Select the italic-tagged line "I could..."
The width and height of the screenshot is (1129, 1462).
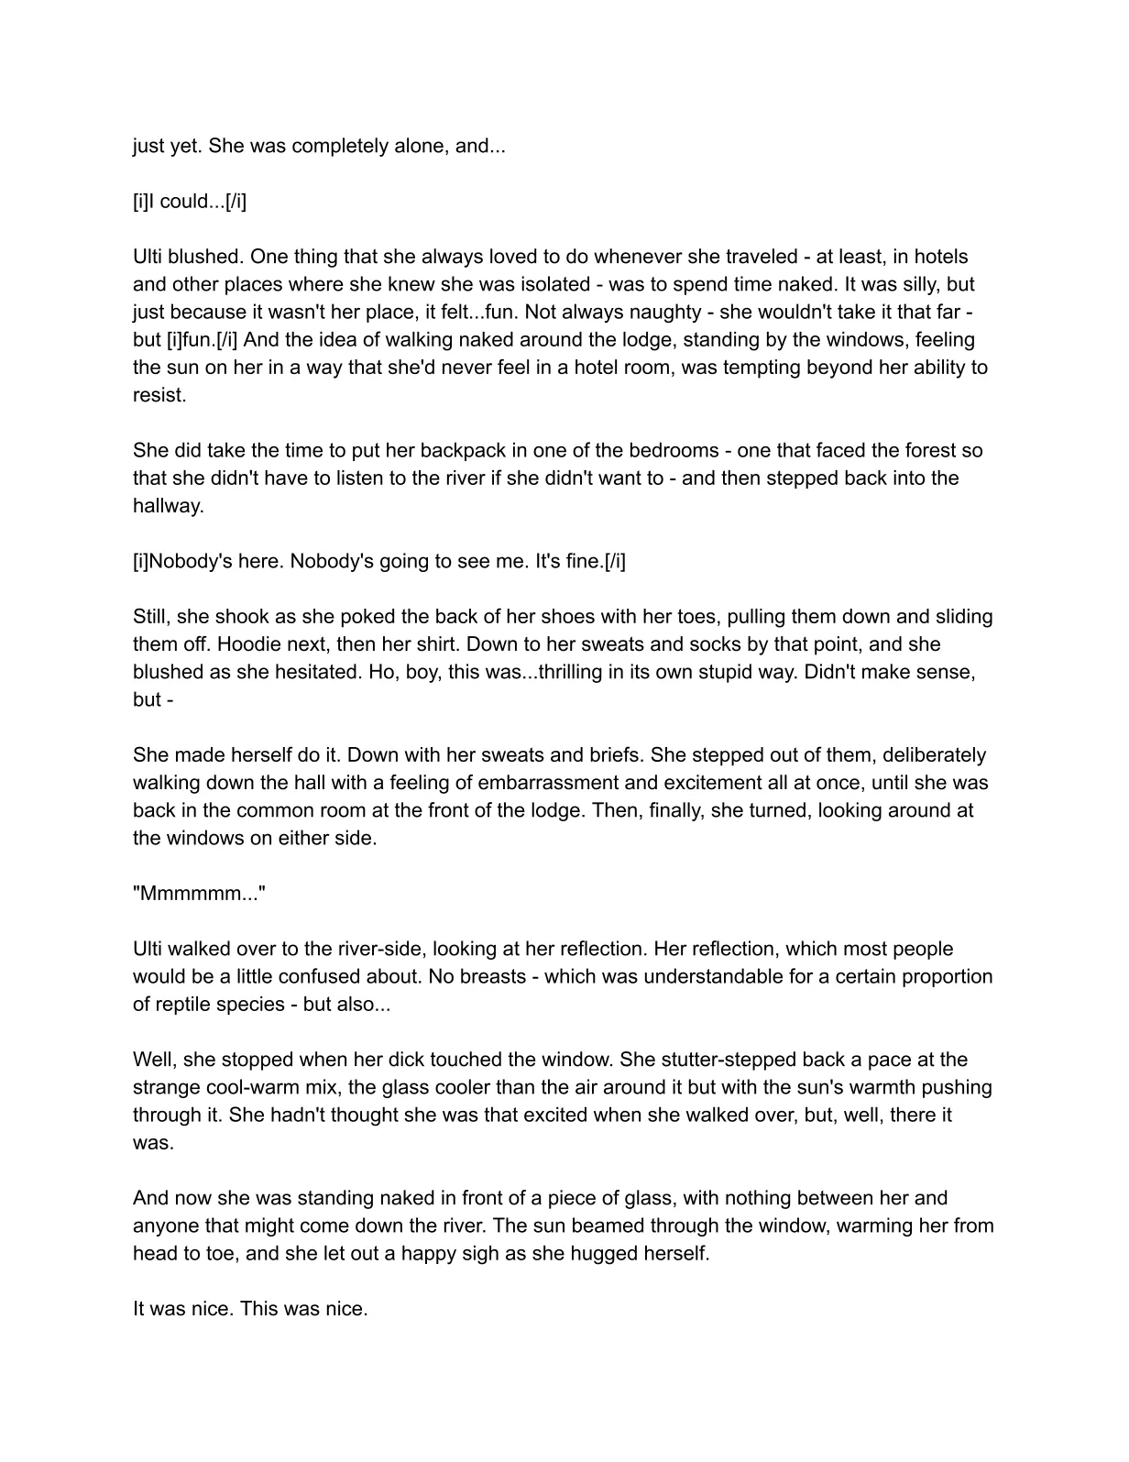190,202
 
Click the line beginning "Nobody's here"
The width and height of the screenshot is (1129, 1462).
379,561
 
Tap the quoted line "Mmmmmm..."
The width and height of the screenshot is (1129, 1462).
199,894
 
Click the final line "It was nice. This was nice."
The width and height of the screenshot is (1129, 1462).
250,1309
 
